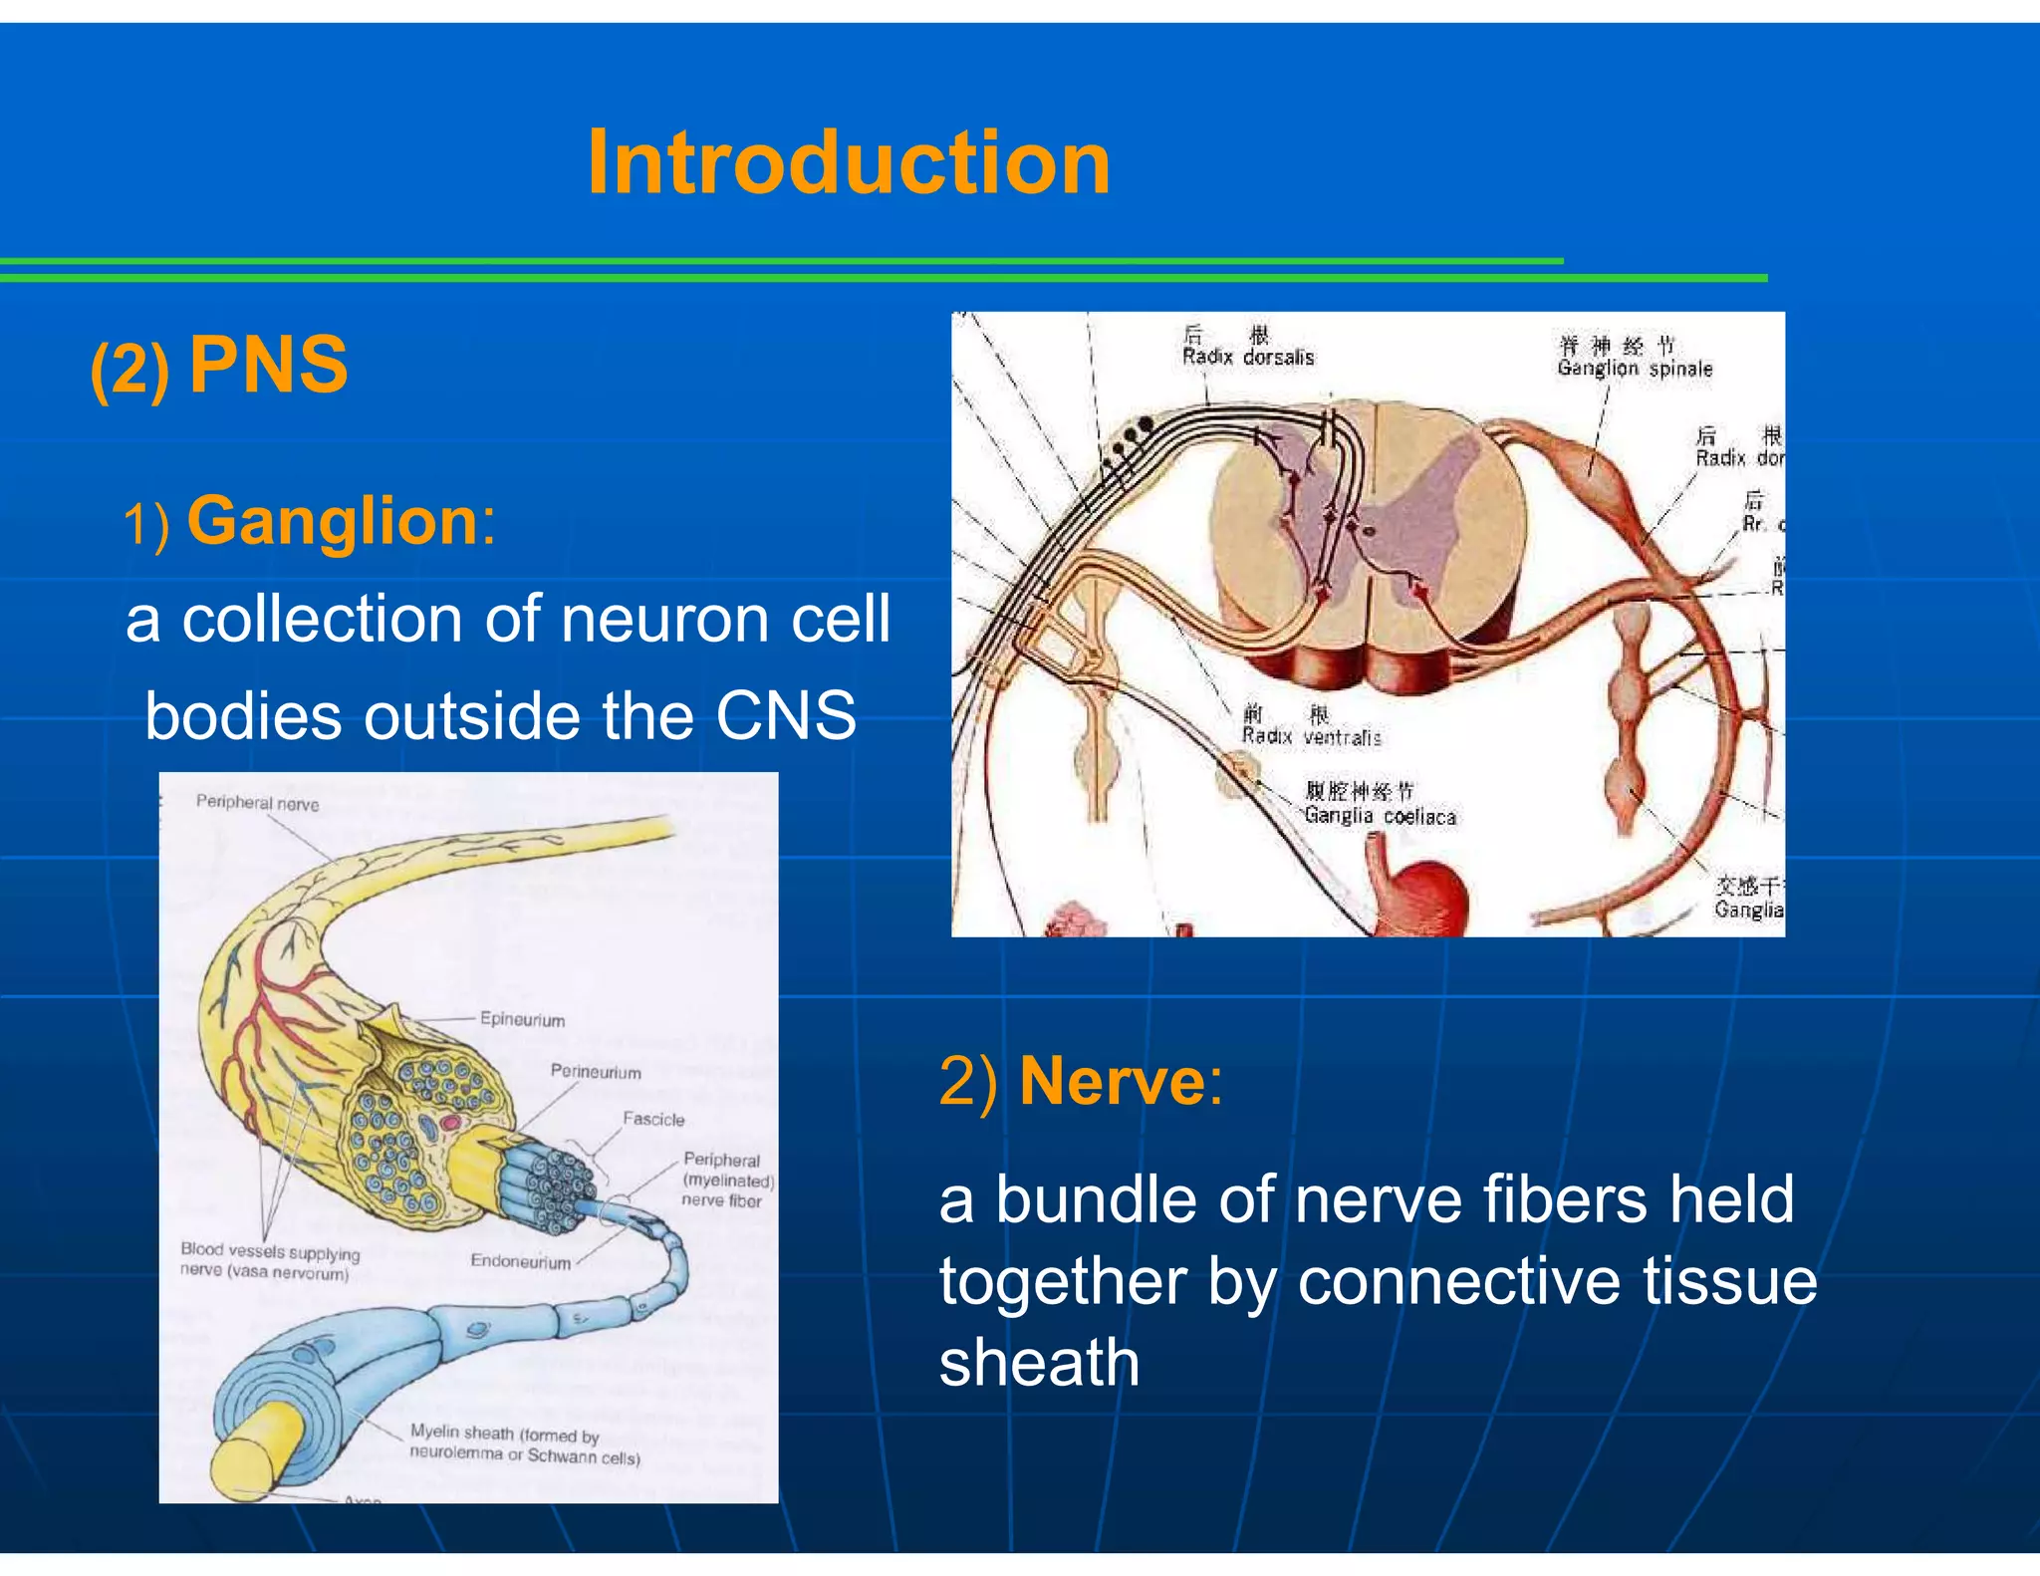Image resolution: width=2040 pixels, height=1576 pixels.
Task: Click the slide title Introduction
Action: pyautogui.click(x=849, y=163)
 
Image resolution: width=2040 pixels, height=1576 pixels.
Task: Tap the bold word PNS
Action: pyautogui.click(x=269, y=366)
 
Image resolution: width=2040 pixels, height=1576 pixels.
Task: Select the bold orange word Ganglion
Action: pyautogui.click(x=334, y=521)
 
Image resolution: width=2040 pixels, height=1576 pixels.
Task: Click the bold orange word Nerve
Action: pyautogui.click(x=1113, y=1081)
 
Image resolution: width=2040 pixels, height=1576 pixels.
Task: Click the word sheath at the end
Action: pyautogui.click(x=1039, y=1363)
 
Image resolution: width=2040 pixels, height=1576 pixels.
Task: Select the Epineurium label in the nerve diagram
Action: pyautogui.click(x=522, y=1019)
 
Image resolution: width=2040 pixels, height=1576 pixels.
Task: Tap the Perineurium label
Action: pyautogui.click(x=596, y=1072)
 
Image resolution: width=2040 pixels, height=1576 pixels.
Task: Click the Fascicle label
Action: pyautogui.click(x=653, y=1120)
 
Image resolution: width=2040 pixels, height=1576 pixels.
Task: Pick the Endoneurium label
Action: pyautogui.click(x=521, y=1261)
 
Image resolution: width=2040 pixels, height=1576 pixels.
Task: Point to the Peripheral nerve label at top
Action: pyautogui.click(x=257, y=803)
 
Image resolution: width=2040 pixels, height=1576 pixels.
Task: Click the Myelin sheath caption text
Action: pyautogui.click(x=524, y=1445)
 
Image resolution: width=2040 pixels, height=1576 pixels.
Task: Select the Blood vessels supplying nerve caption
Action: pyautogui.click(x=269, y=1261)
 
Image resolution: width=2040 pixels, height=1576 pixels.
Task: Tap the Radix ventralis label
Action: pyautogui.click(x=1311, y=737)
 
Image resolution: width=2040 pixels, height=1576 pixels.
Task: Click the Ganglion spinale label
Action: pyautogui.click(x=1635, y=368)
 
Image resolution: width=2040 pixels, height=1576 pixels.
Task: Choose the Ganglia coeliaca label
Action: pyautogui.click(x=1380, y=816)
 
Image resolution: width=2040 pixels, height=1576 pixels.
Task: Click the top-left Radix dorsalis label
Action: pyautogui.click(x=1248, y=357)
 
